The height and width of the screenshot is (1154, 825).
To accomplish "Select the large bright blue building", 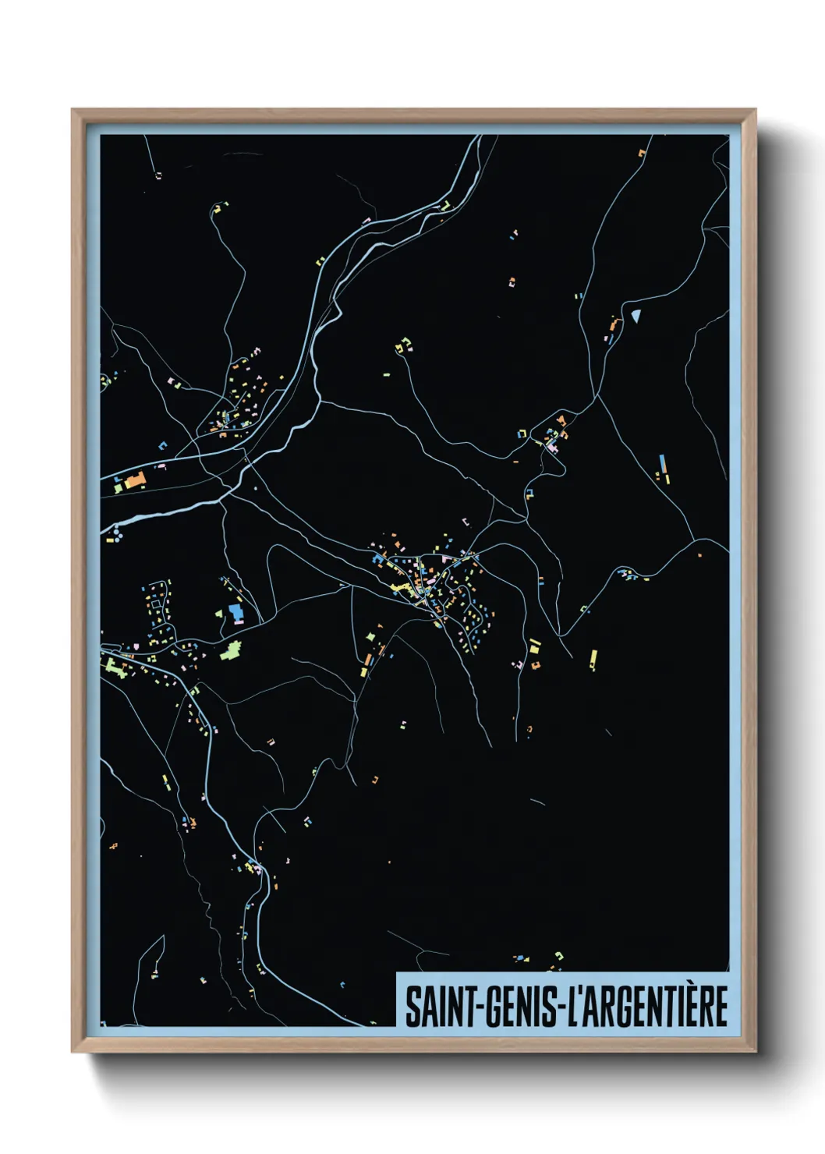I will point(235,612).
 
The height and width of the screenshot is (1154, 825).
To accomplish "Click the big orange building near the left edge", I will point(136,480).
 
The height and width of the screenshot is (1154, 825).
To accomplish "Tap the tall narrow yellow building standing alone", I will point(593,659).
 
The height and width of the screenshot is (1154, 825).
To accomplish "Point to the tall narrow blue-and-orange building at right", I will point(664,468).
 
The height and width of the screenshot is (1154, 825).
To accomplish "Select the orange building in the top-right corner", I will point(642,153).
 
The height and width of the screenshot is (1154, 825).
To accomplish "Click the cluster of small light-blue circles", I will point(115,534).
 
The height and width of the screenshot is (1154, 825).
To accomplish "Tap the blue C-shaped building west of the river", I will point(163,446).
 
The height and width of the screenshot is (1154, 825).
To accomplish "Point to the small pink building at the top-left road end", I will point(158,175).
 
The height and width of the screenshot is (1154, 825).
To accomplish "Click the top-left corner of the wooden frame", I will point(73,110).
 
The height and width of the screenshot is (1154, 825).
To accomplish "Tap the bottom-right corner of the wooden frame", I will point(755,1051).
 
